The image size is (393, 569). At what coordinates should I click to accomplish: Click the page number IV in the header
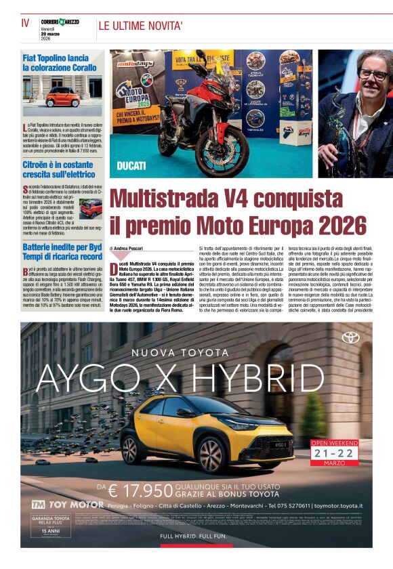[x=25, y=23]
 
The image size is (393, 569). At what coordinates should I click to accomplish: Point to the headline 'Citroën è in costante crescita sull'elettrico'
[x=58, y=169]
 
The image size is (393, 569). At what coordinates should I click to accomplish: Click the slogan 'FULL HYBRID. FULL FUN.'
[x=196, y=538]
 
